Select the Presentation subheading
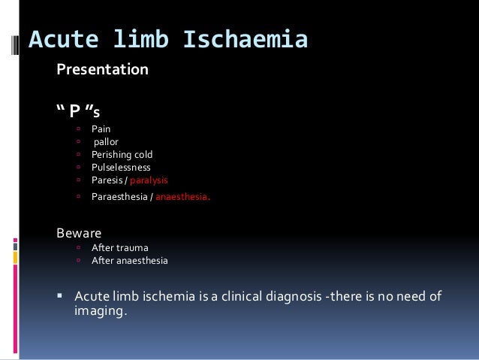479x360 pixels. click(x=103, y=71)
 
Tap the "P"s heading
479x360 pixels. click(x=79, y=112)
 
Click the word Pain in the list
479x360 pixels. click(x=101, y=129)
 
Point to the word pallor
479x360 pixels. click(x=106, y=142)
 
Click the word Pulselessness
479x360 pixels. click(x=121, y=168)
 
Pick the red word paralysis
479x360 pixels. click(x=149, y=180)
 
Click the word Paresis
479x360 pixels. click(x=107, y=180)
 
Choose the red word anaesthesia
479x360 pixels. click(x=182, y=198)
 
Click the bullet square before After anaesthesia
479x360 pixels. click(x=78, y=261)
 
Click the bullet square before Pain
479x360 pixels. click(x=78, y=129)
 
